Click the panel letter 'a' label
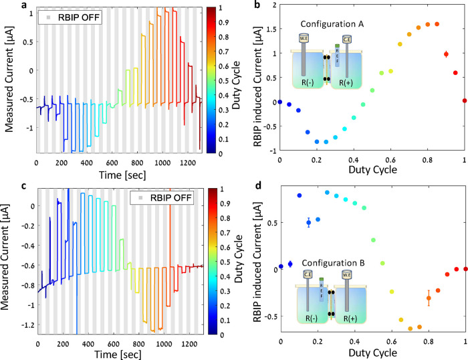[24, 5]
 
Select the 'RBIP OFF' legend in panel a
[70, 17]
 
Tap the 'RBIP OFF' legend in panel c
[162, 198]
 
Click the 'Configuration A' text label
[332, 24]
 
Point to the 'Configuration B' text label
[333, 263]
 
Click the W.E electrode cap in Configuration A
[304, 38]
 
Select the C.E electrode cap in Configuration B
[308, 274]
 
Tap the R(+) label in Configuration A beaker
[346, 82]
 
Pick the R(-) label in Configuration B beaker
[312, 319]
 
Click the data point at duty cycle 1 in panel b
[465, 100]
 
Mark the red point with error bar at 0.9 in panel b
[446, 54]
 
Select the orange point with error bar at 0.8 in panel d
[429, 298]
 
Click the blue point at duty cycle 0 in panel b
[279, 102]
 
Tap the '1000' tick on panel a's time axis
[162, 163]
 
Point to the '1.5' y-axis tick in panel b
[271, 29]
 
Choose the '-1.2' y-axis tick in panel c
[27, 325]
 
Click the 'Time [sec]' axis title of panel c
[118, 355]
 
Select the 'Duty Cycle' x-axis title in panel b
[373, 170]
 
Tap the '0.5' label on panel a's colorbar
[224, 81]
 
